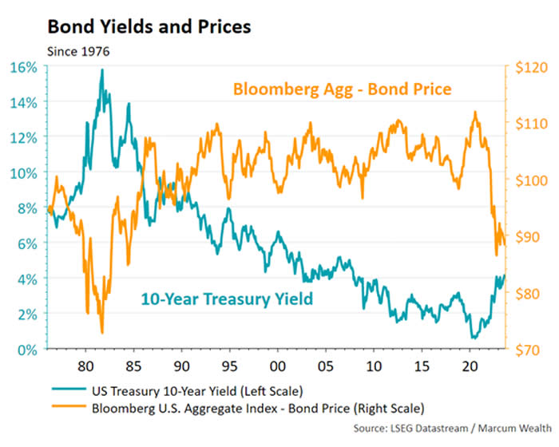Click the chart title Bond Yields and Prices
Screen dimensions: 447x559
pos(149,26)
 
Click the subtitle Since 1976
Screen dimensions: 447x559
pos(78,52)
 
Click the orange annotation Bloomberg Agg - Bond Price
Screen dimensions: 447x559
pos(342,89)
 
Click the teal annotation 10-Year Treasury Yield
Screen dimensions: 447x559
pos(226,300)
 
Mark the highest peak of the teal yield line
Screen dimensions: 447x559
pos(102,70)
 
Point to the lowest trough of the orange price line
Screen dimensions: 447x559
pos(102,332)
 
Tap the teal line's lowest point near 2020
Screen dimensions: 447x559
pos(474,338)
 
